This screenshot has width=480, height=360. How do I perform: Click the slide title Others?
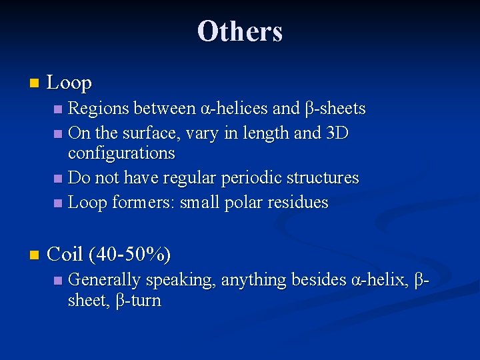pyautogui.click(x=240, y=31)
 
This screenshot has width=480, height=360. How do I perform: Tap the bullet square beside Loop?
pyautogui.click(x=35, y=84)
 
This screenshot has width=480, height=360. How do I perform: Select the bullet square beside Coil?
pyautogui.click(x=35, y=255)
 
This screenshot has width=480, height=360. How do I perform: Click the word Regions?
pyautogui.click(x=98, y=108)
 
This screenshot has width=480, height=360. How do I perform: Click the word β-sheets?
pyautogui.click(x=335, y=108)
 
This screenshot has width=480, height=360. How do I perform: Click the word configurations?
pyautogui.click(x=121, y=153)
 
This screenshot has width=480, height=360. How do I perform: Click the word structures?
pyautogui.click(x=327, y=178)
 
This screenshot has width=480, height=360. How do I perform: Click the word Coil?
pyautogui.click(x=65, y=254)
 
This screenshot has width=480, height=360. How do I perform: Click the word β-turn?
pyautogui.click(x=139, y=301)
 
